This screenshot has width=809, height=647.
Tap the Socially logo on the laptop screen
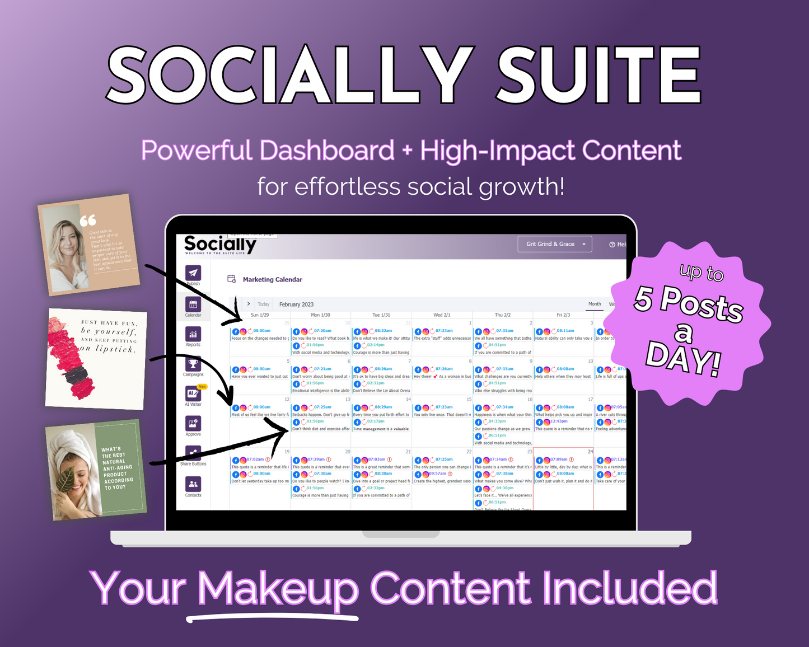click(x=220, y=245)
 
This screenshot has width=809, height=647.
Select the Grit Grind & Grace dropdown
click(x=555, y=244)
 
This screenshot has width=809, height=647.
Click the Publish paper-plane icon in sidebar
click(x=193, y=273)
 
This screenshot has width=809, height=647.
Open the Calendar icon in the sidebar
click(x=193, y=304)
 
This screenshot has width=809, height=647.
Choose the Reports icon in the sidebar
click(x=193, y=334)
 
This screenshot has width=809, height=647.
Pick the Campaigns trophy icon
click(x=193, y=364)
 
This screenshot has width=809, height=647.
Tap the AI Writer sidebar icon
click(x=193, y=394)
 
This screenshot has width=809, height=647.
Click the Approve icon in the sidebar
click(x=193, y=424)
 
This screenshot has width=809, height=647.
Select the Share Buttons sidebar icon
click(x=193, y=453)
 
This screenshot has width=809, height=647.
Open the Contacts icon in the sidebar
click(x=193, y=484)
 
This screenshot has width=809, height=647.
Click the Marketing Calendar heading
click(x=272, y=279)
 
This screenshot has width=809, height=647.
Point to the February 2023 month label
click(x=296, y=304)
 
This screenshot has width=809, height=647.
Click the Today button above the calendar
click(x=264, y=304)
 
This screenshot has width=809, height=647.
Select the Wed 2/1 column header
click(x=442, y=315)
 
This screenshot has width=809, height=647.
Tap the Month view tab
click(x=595, y=304)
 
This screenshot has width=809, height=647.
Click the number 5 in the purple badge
click(x=643, y=298)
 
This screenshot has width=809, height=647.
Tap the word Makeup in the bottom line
click(x=278, y=589)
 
